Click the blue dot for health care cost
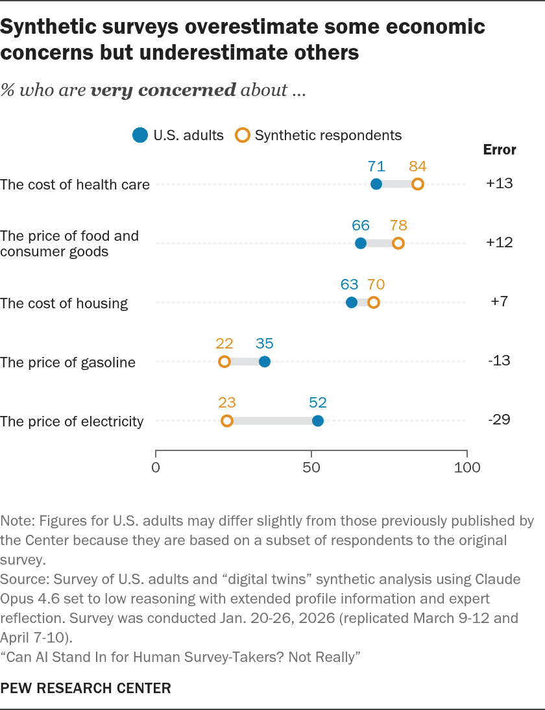(x=376, y=184)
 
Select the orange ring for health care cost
(x=417, y=184)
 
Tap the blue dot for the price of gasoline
(x=265, y=361)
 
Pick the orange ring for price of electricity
(x=227, y=421)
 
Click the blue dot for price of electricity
(x=318, y=421)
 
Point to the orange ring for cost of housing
(x=374, y=302)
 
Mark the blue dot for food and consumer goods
(x=361, y=243)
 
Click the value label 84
(x=417, y=166)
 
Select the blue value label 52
(x=318, y=402)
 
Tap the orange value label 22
(x=224, y=344)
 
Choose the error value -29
(x=500, y=419)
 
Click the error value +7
(x=500, y=301)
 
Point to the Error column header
(x=500, y=150)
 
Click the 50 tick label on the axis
(x=311, y=467)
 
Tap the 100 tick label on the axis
(x=467, y=467)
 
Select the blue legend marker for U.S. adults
(x=140, y=136)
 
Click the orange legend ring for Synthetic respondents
(x=243, y=136)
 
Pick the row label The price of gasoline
(x=68, y=362)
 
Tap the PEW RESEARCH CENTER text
(x=86, y=689)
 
